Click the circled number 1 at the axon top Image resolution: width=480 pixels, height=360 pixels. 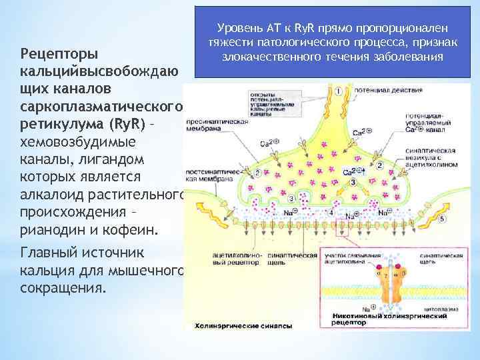pyautogui.click(x=339, y=91)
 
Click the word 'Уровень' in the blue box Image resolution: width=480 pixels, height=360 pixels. pyautogui.click(x=241, y=27)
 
